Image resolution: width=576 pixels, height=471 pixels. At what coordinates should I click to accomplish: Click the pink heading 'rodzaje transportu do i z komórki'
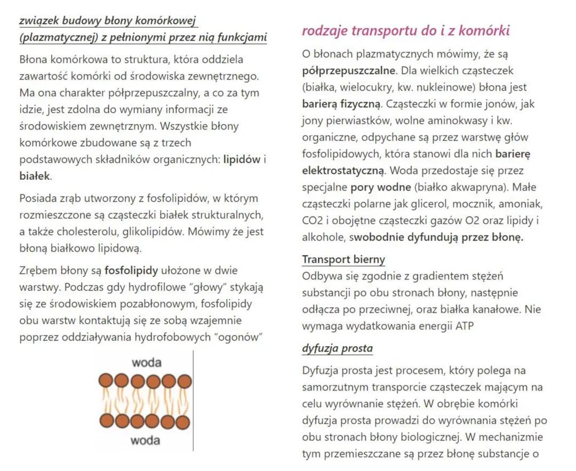pyautogui.click(x=406, y=31)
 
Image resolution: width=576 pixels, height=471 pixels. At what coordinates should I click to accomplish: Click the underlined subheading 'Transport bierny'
pyautogui.click(x=343, y=260)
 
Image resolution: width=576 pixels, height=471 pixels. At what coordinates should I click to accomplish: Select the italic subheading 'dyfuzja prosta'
pyautogui.click(x=337, y=349)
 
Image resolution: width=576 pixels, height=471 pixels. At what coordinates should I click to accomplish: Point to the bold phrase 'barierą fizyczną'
pyautogui.click(x=341, y=104)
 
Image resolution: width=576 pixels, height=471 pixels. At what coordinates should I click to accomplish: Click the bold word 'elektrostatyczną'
pyautogui.click(x=343, y=171)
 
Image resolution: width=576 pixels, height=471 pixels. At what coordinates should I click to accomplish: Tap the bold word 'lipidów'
pyautogui.click(x=242, y=159)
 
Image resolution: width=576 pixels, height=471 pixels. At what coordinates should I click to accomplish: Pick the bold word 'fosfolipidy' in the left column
pyautogui.click(x=131, y=270)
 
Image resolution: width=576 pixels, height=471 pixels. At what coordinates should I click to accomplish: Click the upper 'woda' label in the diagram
pyautogui.click(x=146, y=363)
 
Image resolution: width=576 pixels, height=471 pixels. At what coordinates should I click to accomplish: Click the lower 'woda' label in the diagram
pyautogui.click(x=146, y=441)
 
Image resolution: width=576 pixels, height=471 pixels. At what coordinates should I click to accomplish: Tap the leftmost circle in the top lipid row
pyautogui.click(x=106, y=381)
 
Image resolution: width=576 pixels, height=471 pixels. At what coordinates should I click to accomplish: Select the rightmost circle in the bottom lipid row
pyautogui.click(x=183, y=422)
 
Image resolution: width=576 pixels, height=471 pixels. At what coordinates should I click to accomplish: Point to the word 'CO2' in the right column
pyautogui.click(x=313, y=221)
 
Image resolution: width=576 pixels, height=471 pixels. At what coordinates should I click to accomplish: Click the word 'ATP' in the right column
pyautogui.click(x=462, y=326)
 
